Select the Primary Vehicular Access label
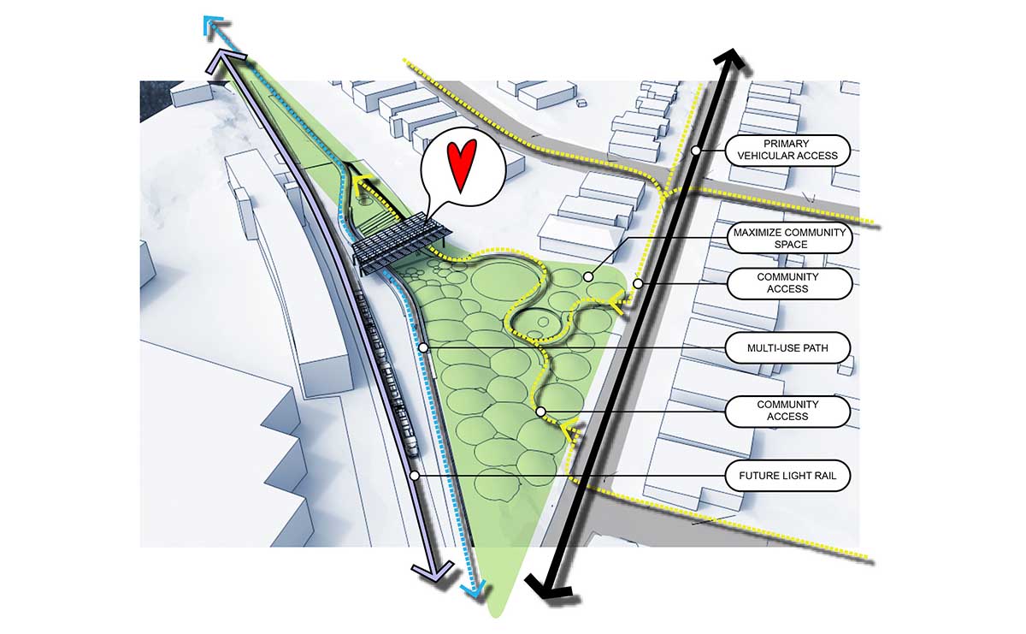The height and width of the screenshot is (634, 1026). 787,150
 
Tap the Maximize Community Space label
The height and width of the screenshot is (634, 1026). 790,239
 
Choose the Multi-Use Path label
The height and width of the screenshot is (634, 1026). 787,348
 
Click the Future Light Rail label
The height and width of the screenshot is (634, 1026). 787,476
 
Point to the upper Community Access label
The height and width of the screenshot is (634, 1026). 787,283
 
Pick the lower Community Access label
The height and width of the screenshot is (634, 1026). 787,411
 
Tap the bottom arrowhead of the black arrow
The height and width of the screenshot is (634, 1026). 547,587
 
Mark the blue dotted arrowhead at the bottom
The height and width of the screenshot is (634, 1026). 474,590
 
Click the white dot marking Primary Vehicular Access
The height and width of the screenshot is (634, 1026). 696,150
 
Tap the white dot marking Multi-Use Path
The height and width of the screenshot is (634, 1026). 424,348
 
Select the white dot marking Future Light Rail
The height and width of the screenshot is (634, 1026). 415,476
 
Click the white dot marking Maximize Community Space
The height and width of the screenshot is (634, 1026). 588,277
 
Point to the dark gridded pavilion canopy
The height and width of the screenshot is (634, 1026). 399,245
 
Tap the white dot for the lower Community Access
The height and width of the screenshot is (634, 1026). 540,412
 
